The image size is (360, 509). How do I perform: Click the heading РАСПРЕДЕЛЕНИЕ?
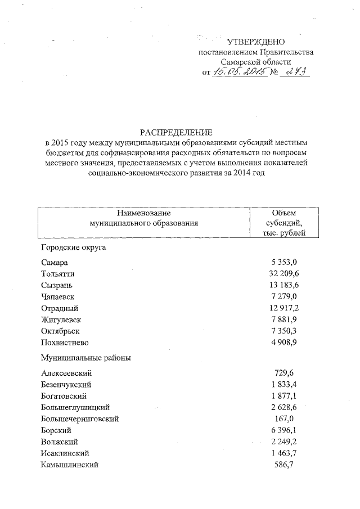[177, 133]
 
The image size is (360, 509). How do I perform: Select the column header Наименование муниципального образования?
[144, 218]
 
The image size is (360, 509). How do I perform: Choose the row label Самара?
[55, 263]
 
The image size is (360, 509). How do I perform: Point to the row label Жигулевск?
[62, 319]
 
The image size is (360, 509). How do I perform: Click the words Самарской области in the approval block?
[256, 62]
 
